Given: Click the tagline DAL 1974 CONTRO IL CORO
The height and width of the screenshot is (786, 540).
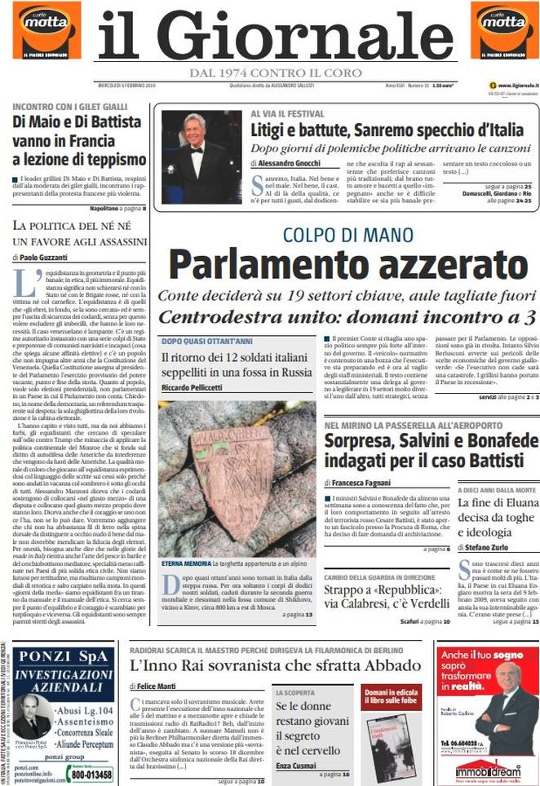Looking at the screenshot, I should (274, 73).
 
